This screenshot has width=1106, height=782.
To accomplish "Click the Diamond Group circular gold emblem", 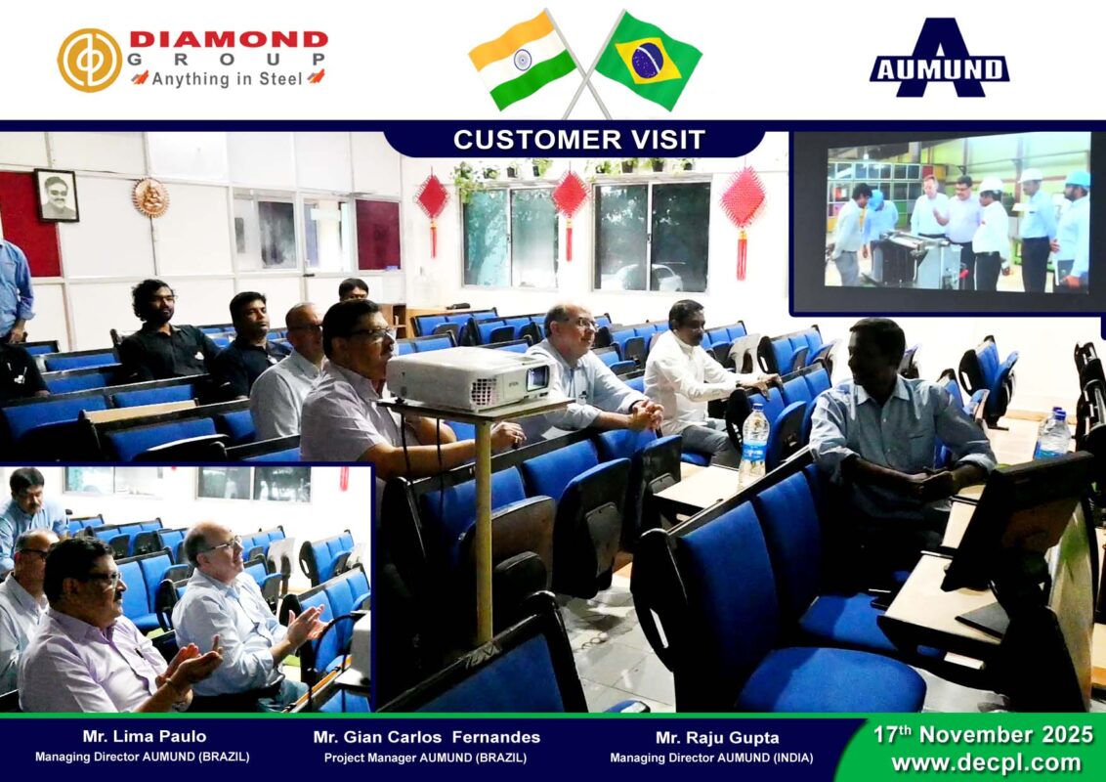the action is coord(90,60).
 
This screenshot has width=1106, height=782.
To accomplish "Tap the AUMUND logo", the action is coord(940,58).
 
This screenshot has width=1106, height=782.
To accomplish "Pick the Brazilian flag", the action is coord(648,61).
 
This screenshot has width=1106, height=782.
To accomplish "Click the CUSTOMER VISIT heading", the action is coord(579,140).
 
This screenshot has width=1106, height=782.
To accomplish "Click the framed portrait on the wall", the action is coord(57,195).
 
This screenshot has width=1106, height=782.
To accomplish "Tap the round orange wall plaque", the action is coord(150,196).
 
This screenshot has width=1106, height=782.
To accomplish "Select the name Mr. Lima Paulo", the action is coord(145,736).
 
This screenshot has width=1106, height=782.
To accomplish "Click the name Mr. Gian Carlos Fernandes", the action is coord(427,737).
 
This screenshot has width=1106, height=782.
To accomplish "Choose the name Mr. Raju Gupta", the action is coord(717,738).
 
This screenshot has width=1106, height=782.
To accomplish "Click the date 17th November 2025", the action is coord(983,735).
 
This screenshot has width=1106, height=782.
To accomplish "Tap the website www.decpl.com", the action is coord(986,763).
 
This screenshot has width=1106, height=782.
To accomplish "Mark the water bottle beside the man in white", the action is coord(754,445).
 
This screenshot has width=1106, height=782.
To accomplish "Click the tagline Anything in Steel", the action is coord(227,78).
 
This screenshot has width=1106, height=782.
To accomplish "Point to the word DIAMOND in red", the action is coord(230,39).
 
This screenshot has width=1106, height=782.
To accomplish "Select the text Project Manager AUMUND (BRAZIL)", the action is coord(425,758).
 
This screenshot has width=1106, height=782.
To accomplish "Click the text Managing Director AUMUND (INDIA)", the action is coord(711,758).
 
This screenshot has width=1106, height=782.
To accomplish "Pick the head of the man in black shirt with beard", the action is coord(152,303).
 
